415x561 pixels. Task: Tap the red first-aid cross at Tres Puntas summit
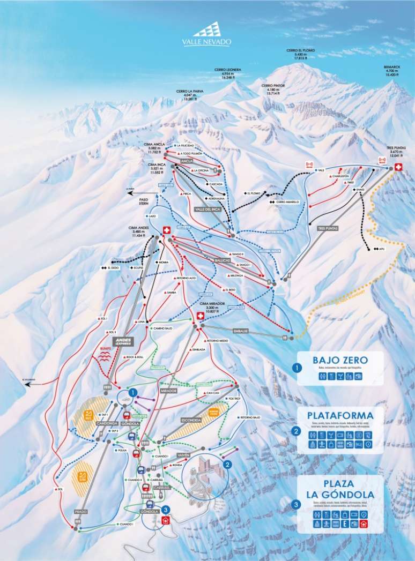click(398, 167)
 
